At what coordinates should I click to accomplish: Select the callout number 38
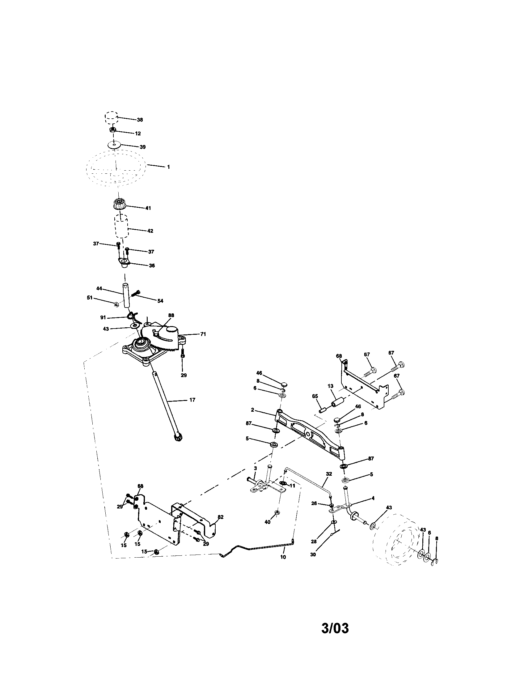coord(140,120)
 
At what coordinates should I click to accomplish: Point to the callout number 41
coord(148,208)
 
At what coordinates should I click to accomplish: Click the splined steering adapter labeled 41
coord(119,204)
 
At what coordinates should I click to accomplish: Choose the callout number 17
coord(192,400)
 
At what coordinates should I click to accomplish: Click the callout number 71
coord(203,334)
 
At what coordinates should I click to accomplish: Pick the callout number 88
coord(171,315)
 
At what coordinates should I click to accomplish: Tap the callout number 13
coord(331,386)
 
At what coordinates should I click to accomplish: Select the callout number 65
coord(315,396)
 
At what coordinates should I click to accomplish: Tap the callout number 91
coord(103,317)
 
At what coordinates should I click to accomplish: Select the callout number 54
coord(160,301)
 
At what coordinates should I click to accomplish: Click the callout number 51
coord(90,298)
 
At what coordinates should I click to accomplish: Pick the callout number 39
coord(143,147)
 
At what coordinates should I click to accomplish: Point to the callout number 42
coord(150,231)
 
